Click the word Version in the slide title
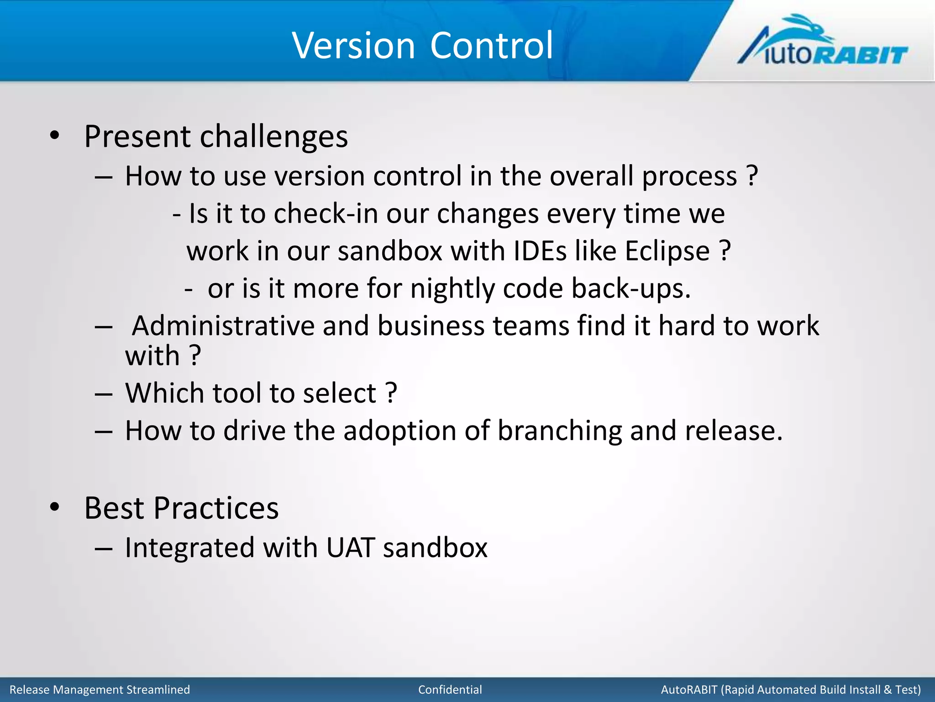353,45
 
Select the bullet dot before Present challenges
55,135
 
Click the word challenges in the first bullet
274,137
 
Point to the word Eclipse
667,251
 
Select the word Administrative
223,326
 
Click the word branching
559,431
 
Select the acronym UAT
351,548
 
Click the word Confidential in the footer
450,689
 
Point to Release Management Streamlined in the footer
100,689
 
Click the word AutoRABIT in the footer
689,689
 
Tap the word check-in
326,213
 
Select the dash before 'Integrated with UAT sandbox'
104,548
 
